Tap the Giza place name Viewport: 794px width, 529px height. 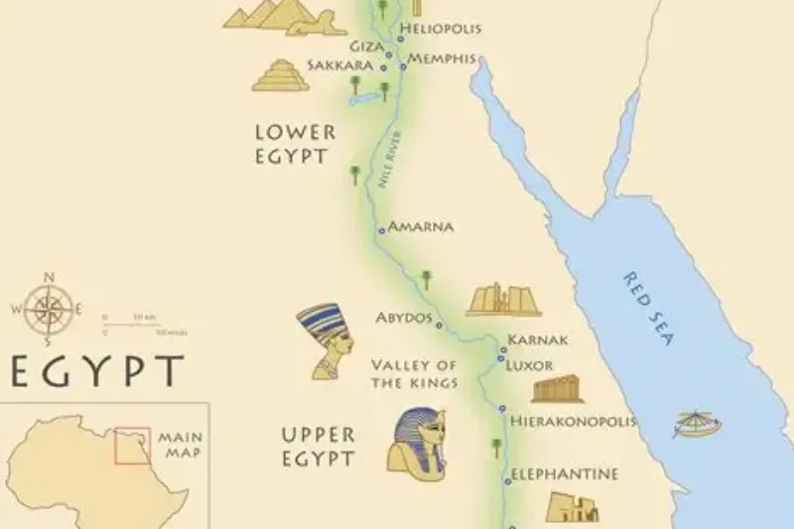point(366,46)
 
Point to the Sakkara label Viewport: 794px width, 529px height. point(339,66)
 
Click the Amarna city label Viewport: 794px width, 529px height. point(421,226)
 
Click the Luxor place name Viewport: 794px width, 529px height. point(529,364)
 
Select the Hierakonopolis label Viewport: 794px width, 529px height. point(572,422)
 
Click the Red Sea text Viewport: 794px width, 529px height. point(648,308)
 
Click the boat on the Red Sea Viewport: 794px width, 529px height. point(697,424)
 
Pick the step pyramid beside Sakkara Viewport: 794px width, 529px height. point(280,75)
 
